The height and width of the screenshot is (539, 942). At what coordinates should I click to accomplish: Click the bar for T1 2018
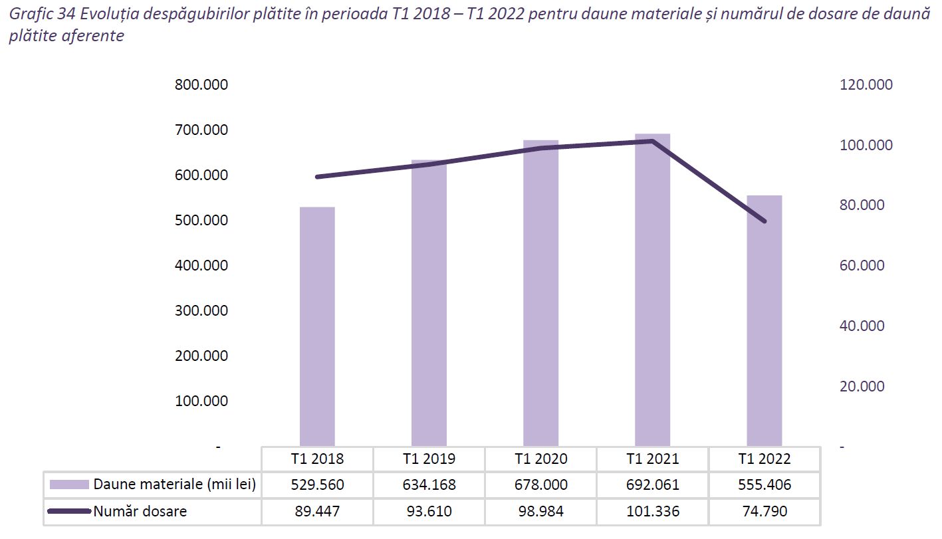coord(317,326)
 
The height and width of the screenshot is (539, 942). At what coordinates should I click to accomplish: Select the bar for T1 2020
coord(540,292)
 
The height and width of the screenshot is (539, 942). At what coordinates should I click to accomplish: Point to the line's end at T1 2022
coord(764,221)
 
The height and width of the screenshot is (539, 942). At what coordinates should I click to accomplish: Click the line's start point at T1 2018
coord(317,177)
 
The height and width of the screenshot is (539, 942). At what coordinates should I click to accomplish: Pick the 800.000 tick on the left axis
coord(200,85)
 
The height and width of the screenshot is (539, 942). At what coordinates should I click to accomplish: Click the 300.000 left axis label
coord(200,311)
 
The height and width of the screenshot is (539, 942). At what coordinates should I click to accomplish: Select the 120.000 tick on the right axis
coord(866,85)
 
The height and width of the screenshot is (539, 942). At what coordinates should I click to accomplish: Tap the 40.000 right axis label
coord(862,326)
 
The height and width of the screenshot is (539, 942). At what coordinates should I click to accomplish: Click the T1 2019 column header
coord(429,459)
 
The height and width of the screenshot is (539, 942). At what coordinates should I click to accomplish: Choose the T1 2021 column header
coord(652,459)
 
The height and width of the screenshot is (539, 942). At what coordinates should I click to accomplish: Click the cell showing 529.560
coord(317,485)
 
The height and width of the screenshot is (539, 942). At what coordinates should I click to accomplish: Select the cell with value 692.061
coord(652,485)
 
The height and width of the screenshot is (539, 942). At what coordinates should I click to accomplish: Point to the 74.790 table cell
coord(764,511)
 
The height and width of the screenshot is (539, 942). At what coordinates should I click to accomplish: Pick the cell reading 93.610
coord(429,511)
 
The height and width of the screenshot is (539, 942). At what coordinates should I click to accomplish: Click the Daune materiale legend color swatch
coord(68,485)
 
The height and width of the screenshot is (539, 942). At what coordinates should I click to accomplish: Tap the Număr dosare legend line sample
coord(68,511)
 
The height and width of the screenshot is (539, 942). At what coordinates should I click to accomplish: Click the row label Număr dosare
coord(140,511)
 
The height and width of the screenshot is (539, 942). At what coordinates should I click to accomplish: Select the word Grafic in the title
coord(31,15)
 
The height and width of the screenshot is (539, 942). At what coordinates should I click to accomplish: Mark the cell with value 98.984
coord(540,511)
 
